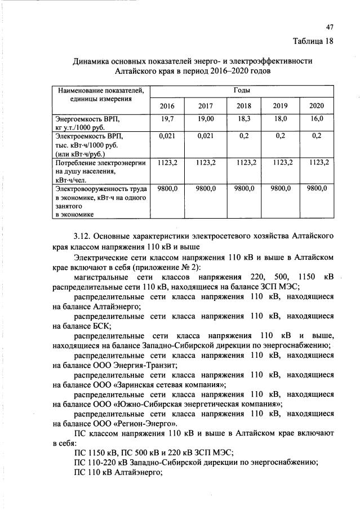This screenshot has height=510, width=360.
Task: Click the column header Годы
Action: point(242,90)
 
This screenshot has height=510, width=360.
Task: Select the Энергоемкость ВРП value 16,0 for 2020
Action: point(317,119)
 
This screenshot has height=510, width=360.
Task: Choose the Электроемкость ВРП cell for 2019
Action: point(280,136)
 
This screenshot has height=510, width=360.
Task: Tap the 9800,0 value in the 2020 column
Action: point(317,188)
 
